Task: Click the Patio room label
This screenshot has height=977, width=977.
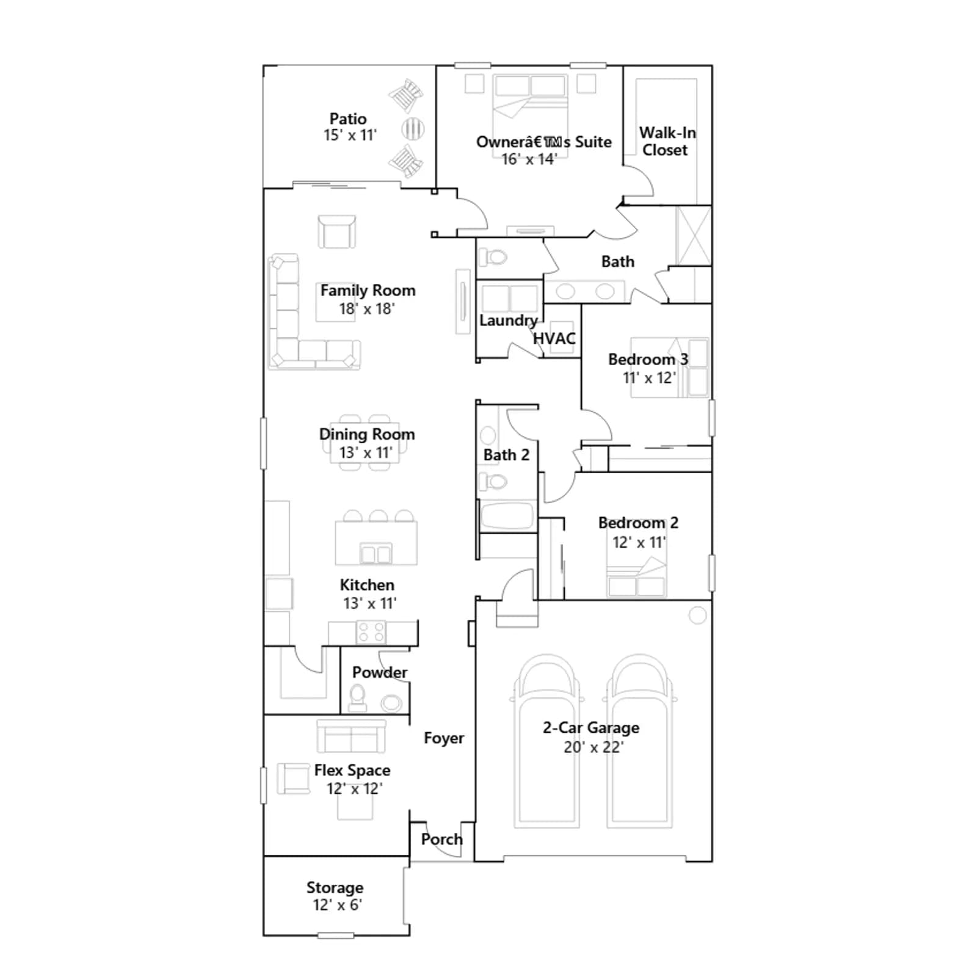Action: pos(348,118)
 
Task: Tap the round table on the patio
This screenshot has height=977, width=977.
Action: pos(413,129)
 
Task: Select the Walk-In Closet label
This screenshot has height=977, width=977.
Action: pos(667,141)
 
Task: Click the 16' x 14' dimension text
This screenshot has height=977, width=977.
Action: pos(529,159)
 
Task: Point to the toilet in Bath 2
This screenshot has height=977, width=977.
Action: pos(493,482)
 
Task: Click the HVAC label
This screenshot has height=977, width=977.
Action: pos(554,338)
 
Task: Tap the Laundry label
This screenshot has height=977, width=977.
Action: pos(508,321)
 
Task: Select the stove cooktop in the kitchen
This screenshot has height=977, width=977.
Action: pos(371,632)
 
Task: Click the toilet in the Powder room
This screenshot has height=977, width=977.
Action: pos(358,699)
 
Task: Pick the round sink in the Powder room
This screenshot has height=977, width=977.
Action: pos(391,703)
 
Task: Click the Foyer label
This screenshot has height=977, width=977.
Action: pos(444,738)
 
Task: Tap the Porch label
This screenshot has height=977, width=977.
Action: pos(441,839)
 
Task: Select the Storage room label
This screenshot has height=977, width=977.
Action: pos(335,887)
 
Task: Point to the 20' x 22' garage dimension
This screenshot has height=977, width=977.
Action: pos(594,747)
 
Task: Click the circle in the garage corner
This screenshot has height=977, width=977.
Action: pos(697,615)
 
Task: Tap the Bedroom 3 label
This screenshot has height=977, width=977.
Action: pos(648,359)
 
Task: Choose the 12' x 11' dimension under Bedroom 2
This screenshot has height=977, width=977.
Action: pos(639,542)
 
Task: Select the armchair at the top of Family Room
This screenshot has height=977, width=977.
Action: pos(336,231)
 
